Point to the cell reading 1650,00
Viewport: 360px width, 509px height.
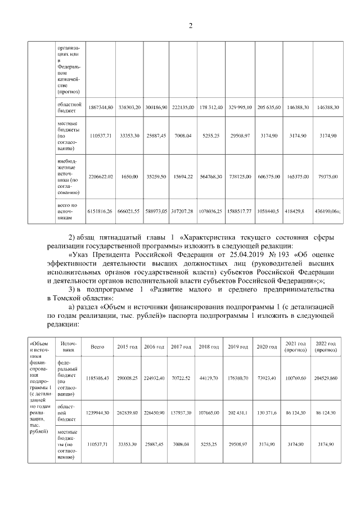coord(129,177)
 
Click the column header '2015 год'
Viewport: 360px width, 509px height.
coord(127,347)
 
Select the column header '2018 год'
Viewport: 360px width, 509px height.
coord(209,347)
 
